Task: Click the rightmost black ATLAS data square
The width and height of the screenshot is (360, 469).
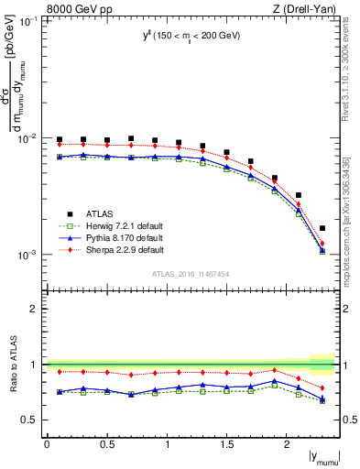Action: (x=322, y=228)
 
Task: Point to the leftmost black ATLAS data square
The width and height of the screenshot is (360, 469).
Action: (x=60, y=139)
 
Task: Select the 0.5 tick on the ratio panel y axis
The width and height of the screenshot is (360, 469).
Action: (x=34, y=420)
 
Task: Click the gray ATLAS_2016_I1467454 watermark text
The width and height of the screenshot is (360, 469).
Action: (x=191, y=274)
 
